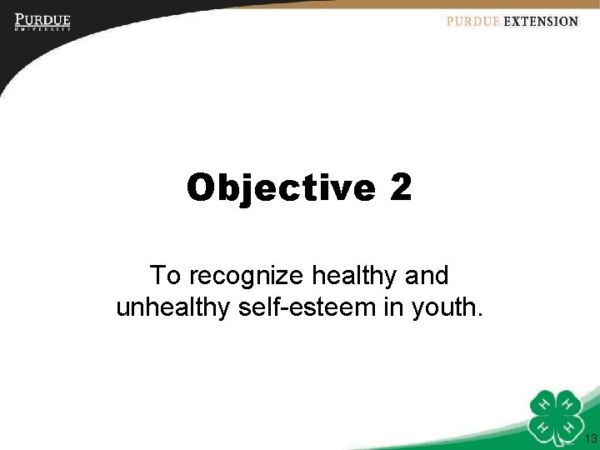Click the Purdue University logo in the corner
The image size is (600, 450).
click(x=42, y=21)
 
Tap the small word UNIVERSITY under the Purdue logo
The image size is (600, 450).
click(x=42, y=29)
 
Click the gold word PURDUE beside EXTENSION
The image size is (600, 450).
click(x=472, y=22)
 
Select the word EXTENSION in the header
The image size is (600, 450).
click(x=541, y=22)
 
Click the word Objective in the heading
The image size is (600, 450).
click(x=281, y=188)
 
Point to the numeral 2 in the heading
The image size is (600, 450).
click(x=400, y=187)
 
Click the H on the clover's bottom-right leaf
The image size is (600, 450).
click(x=570, y=426)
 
